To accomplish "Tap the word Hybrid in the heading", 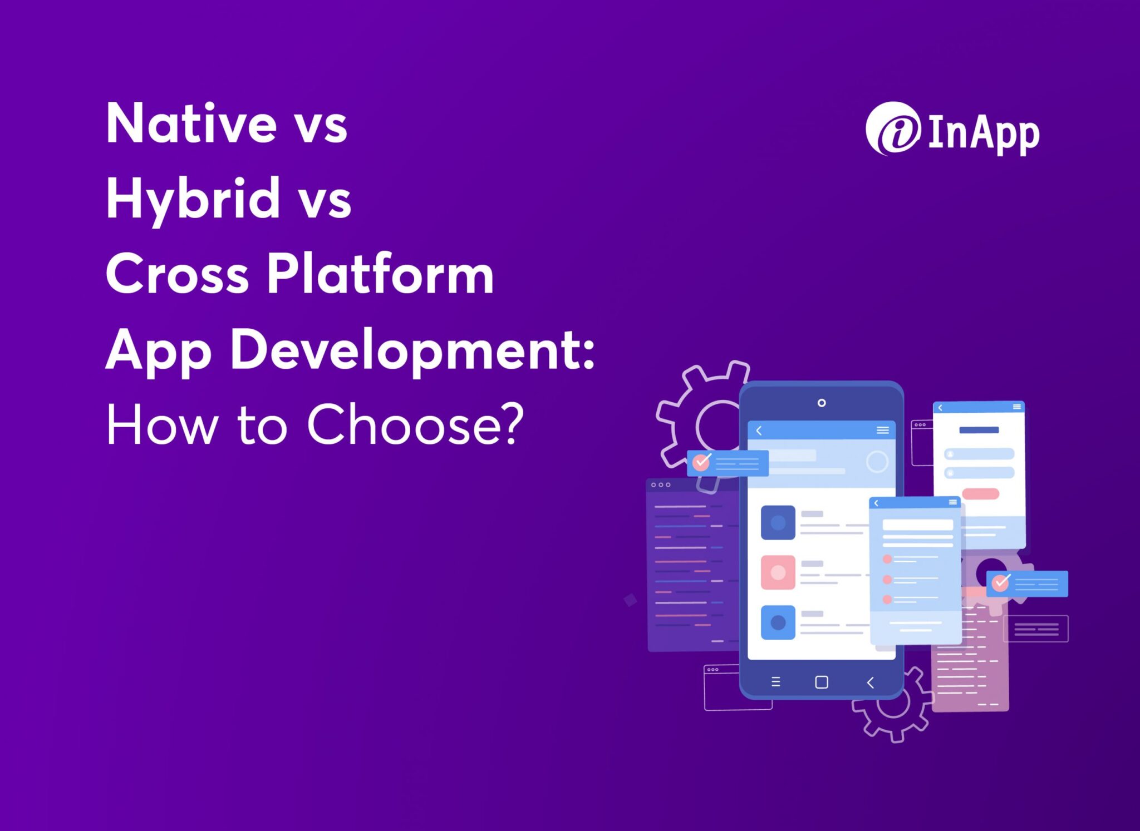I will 193,199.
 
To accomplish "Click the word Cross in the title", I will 177,274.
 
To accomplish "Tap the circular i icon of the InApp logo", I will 893,128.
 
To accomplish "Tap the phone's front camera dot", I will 822,403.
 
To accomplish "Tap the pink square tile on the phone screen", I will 778,572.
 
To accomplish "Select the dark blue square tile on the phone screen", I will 778,522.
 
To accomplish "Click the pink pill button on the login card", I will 980,493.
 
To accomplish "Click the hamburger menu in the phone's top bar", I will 882,430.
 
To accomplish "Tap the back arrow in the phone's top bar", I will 759,431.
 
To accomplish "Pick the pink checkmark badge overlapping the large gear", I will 701,462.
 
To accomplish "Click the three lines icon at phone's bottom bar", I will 775,682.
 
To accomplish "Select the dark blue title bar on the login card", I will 979,430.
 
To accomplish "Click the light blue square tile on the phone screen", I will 778,622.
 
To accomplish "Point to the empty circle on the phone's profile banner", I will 877,462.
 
